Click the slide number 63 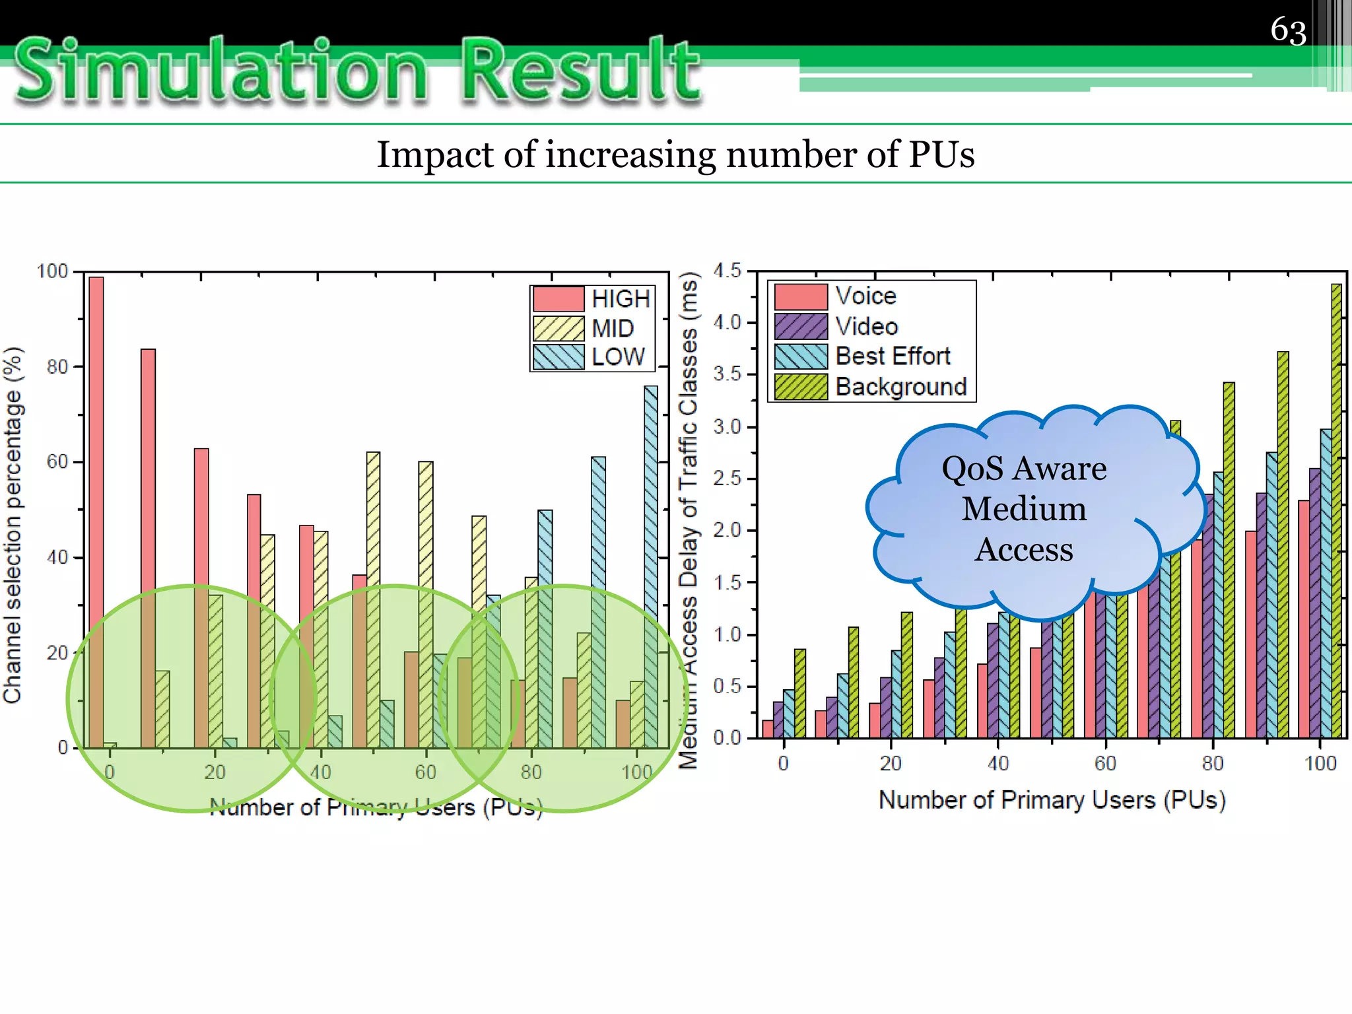[1288, 31]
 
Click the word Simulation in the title [221, 71]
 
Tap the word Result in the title [581, 71]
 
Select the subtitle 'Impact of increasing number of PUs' [675, 154]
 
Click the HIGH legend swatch [558, 299]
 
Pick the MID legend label [613, 328]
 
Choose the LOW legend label [618, 357]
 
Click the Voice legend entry [865, 296]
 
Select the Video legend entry [866, 326]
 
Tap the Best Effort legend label [893, 356]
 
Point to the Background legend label [900, 386]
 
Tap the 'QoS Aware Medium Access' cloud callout [1024, 509]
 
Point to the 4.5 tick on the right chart [727, 271]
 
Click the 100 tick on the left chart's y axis [53, 271]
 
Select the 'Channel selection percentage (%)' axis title [13, 525]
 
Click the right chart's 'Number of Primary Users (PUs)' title [1052, 800]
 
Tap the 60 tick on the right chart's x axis [1105, 764]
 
